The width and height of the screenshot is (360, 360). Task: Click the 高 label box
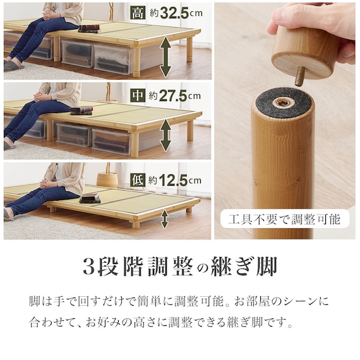pos(138,13)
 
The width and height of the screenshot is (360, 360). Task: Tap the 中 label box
pos(138,95)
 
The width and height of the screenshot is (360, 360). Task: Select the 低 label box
pos(138,180)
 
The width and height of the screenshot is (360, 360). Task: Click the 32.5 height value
pos(174,13)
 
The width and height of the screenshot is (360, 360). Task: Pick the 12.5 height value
pos(173,180)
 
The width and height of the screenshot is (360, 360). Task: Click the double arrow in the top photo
pos(165,58)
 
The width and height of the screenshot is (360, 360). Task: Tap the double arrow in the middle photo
pos(165,135)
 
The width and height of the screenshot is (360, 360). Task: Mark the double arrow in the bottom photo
pos(164,220)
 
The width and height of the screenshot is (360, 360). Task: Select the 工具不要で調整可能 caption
pos(284,219)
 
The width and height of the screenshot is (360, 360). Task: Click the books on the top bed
pos(89,28)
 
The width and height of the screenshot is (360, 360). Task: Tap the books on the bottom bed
pos(90,198)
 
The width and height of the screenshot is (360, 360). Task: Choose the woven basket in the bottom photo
pos(107,180)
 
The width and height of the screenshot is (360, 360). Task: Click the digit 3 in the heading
pos(89,267)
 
